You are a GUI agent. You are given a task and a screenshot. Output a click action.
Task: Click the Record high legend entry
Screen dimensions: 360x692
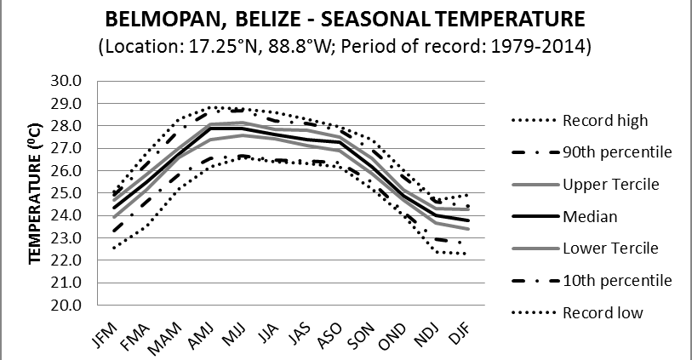click(605, 120)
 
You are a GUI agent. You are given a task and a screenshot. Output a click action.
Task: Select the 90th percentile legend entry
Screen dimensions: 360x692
click(617, 152)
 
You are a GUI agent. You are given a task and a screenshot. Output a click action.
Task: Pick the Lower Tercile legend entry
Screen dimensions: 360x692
click(610, 248)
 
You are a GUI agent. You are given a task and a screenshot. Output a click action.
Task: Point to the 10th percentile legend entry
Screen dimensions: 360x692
click(617, 280)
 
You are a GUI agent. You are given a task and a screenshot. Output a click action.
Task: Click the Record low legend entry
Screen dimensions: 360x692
click(603, 312)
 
